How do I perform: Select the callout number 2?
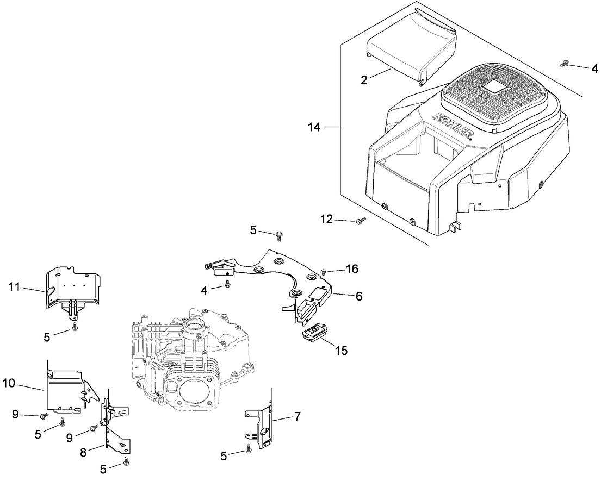pos(365,79)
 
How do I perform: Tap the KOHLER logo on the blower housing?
pos(451,126)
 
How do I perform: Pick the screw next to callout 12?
pos(360,221)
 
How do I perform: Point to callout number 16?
pos(352,268)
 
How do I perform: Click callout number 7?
pos(297,417)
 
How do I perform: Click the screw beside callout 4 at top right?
pos(564,65)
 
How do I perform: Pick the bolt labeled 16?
pos(324,270)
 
